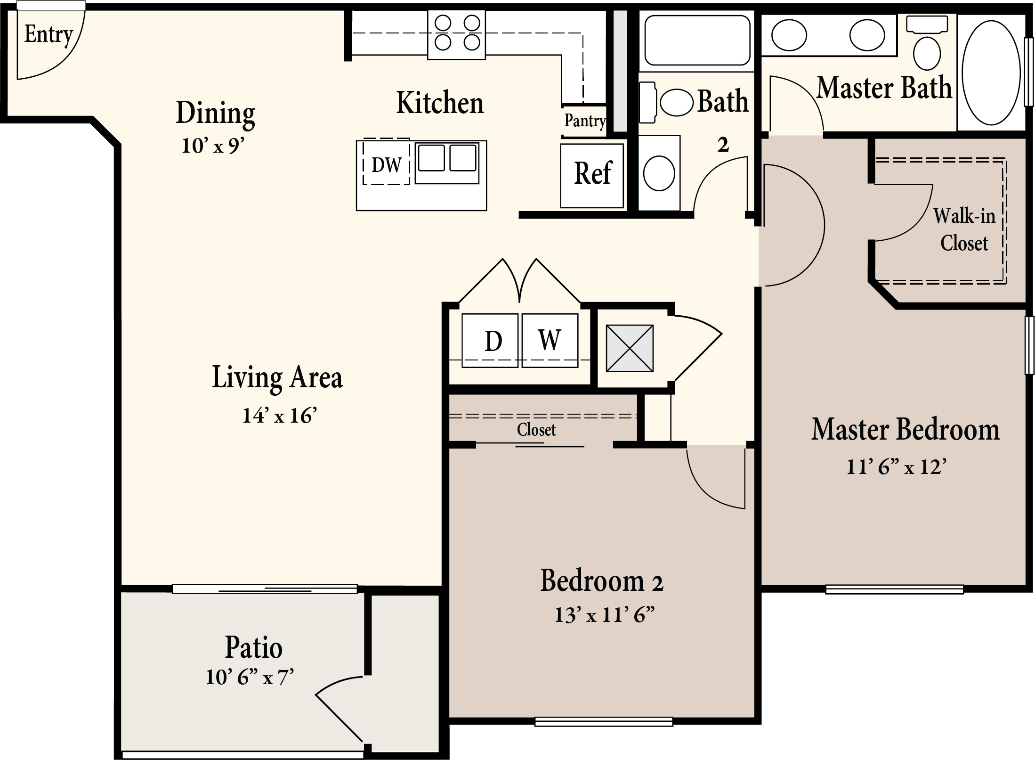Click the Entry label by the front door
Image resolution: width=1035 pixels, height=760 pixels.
tap(49, 34)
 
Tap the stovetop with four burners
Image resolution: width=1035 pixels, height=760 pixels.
tap(456, 34)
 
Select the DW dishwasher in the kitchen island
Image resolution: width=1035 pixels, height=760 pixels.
tap(386, 162)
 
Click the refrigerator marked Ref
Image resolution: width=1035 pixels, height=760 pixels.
tap(592, 175)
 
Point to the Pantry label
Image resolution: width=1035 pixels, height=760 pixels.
tap(585, 121)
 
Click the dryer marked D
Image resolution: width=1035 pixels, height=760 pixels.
tap(490, 340)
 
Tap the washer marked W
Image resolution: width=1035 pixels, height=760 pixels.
tap(550, 340)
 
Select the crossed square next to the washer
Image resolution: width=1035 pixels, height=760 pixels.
tap(630, 348)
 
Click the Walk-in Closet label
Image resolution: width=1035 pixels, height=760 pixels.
tap(964, 229)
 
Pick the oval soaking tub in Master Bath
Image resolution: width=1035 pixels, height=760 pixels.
tap(991, 73)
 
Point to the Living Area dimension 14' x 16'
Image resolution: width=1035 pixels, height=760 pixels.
tap(279, 415)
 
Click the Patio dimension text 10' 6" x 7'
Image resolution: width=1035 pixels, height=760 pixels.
tap(250, 677)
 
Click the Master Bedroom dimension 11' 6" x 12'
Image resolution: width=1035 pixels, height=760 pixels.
tap(897, 466)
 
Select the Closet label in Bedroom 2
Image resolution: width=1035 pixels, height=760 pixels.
tap(536, 430)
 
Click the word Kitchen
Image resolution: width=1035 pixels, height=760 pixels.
tap(440, 103)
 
